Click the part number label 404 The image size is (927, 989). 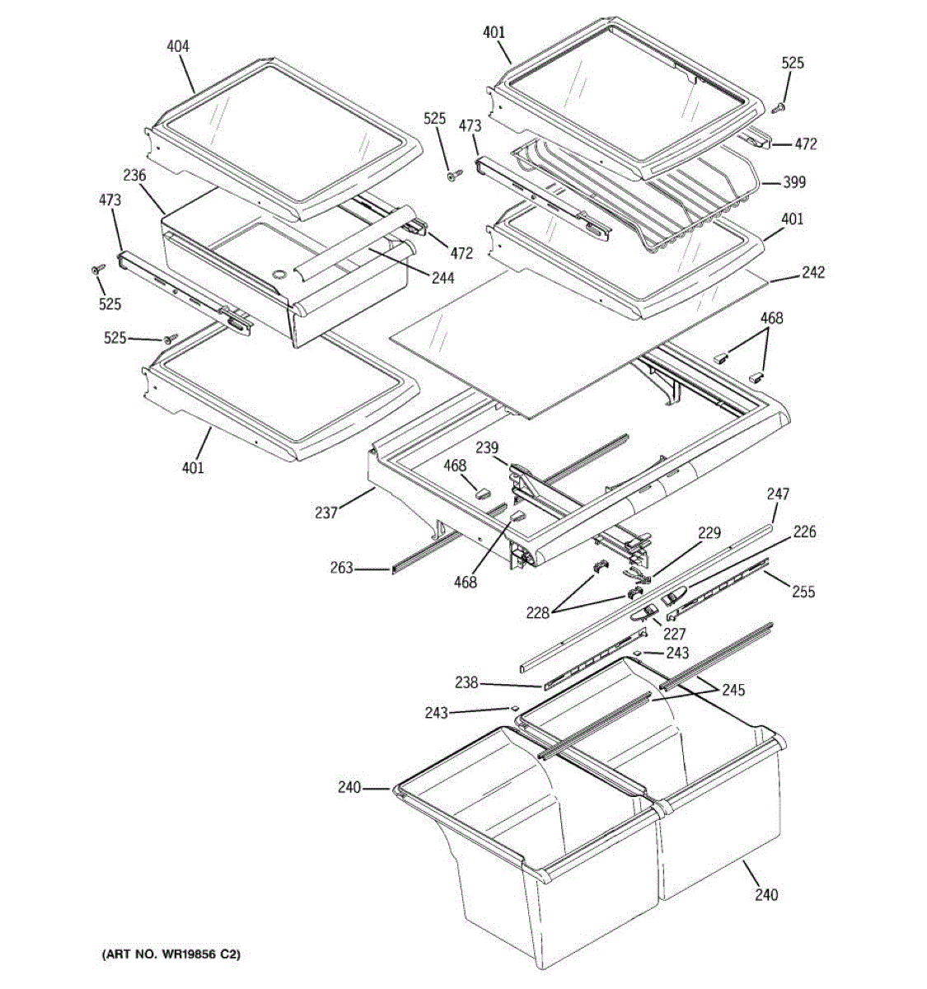point(177,47)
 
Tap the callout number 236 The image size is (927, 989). point(134,176)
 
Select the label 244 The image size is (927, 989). point(442,278)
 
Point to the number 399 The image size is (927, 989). point(794,182)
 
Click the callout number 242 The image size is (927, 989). point(812,273)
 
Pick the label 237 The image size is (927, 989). point(325,513)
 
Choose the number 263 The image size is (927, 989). point(341,568)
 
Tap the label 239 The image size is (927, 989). point(487,448)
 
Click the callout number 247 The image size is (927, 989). point(777,494)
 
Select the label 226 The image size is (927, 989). point(804,532)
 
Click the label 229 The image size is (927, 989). point(709,533)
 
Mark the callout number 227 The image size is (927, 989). point(675,635)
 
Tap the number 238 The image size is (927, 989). point(466,682)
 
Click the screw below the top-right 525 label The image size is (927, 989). point(780,105)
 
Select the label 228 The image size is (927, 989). point(539,612)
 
